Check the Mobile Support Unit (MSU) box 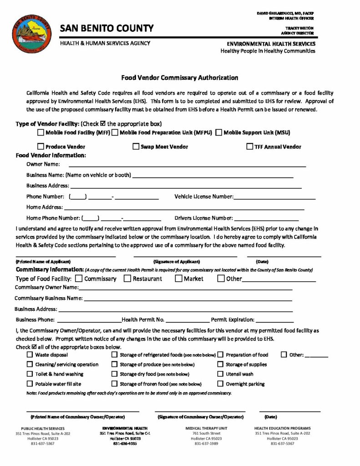[x=219, y=132]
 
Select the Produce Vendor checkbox [x=41, y=147]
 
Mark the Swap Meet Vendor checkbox [x=136, y=147]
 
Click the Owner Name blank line [x=187, y=164]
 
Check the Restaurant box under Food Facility [x=127, y=279]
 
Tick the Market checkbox [x=178, y=279]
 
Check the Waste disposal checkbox [x=30, y=355]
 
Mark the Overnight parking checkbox [x=220, y=384]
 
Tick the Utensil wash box [x=220, y=374]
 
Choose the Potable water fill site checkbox [x=30, y=384]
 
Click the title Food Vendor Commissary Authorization [x=179, y=78]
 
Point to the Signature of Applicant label [x=177, y=262]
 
